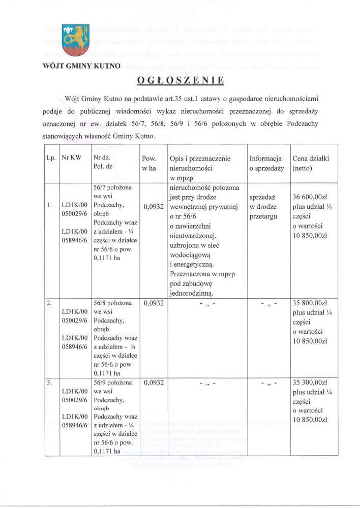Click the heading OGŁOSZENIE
[180, 80]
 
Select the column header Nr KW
[71, 158]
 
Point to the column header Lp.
[51, 158]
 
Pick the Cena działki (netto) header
[311, 163]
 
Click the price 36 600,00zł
[311, 197]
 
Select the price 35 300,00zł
[311, 383]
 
